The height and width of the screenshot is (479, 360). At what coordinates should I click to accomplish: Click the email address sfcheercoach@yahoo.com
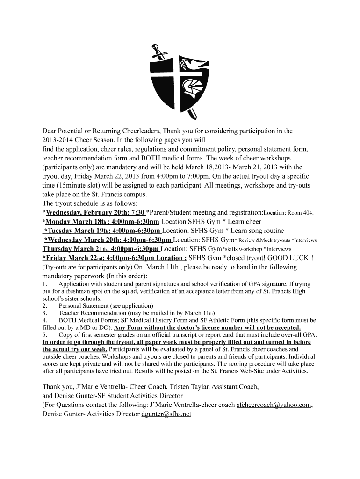coord(274,405)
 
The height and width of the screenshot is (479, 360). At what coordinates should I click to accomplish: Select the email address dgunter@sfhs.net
coord(166,414)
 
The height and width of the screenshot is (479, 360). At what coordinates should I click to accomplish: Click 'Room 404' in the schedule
coord(300,213)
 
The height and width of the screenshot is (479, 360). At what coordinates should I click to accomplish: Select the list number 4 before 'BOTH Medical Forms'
coord(44,320)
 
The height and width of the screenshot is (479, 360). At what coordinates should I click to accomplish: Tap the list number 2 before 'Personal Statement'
coord(44,305)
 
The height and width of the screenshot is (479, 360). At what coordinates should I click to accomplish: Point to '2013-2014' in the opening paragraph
coord(58,140)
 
